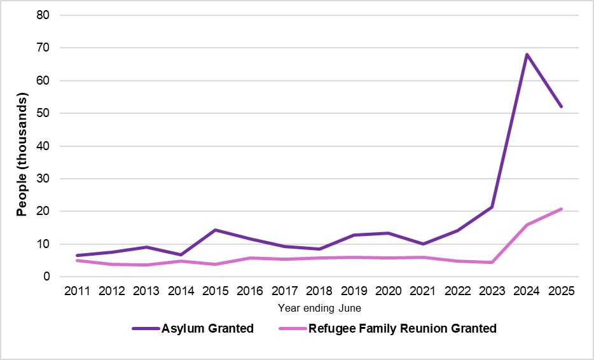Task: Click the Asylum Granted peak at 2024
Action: [x=527, y=55]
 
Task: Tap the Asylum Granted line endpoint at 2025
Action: [x=561, y=106]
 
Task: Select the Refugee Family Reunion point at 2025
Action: [x=561, y=209]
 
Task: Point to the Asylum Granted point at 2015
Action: [x=215, y=230]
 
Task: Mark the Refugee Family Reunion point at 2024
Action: [x=527, y=225]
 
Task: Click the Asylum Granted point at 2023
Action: [x=492, y=207]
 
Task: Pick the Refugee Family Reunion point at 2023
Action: [x=492, y=262]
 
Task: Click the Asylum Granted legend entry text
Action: [x=207, y=329]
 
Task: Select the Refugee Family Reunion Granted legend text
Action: [x=402, y=329]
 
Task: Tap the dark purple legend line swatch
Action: [x=145, y=329]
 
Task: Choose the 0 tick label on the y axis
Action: [x=47, y=277]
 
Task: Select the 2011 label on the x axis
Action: [x=76, y=291]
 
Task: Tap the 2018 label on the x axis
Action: [x=319, y=291]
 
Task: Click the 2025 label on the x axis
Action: [x=561, y=291]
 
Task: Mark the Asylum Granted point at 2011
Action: [x=76, y=256]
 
